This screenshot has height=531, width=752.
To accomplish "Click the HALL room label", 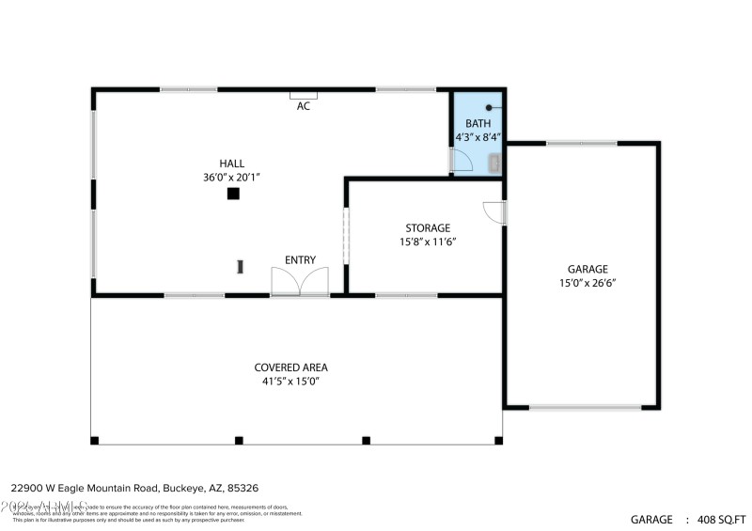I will (231, 164).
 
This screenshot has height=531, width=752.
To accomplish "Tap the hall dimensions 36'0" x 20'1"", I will (231, 178).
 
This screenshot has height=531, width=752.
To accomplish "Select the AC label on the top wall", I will (304, 106).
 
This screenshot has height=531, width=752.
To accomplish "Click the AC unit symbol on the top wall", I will (304, 94).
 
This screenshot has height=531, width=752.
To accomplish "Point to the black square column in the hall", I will (233, 194).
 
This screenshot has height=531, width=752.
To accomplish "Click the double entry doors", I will (300, 282).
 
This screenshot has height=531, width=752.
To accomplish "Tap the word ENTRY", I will (301, 260).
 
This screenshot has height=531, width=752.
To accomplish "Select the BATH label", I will (478, 123).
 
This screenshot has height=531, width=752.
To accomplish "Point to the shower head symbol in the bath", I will (489, 108).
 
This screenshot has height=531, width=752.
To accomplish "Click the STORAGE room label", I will (428, 228).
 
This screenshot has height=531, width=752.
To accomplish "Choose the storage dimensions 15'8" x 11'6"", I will (428, 242).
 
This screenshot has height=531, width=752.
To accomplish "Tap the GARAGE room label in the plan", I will (587, 269).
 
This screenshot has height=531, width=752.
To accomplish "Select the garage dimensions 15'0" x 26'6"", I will (587, 282).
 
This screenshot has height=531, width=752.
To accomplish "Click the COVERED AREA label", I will (290, 367).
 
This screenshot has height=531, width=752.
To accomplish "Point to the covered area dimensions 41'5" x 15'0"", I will (290, 382).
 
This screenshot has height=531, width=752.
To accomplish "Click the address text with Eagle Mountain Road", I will (134, 489).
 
